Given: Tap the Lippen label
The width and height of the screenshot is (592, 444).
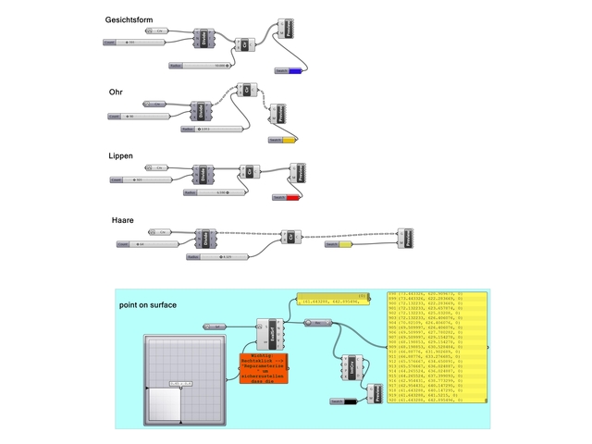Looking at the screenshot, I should pos(121,156).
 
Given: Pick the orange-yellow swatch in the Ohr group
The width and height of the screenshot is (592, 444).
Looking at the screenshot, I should pos(289,140).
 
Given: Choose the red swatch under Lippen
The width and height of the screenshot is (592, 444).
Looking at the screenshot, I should pos(292,197).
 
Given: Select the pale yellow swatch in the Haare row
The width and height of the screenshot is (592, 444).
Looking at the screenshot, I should pos(345,245).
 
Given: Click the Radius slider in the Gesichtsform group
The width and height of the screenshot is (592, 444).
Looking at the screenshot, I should pos(200,66).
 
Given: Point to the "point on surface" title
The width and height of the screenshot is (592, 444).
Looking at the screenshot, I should pos(147,304).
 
